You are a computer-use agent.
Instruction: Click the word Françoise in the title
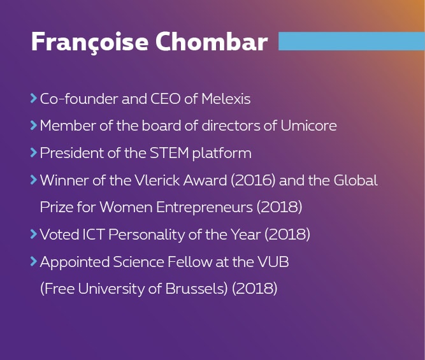tap(90, 42)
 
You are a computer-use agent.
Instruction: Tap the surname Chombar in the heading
tap(212, 41)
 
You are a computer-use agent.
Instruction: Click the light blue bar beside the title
tap(352, 41)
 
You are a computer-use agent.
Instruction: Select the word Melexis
tap(226, 98)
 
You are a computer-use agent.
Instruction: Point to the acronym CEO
tap(165, 98)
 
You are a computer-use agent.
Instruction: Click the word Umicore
tap(309, 126)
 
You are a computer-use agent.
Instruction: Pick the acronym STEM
tap(169, 153)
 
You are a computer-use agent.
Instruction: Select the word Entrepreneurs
tap(205, 208)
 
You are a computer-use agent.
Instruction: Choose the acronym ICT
tap(93, 234)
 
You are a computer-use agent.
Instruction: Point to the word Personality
tap(147, 234)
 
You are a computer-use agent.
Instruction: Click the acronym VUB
tap(273, 262)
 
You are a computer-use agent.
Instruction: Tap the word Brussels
tap(196, 289)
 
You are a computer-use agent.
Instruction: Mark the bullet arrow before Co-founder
tap(34, 98)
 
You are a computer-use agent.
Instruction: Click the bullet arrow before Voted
tap(34, 234)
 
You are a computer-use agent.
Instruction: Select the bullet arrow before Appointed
tap(34, 261)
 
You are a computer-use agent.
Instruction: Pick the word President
tap(72, 153)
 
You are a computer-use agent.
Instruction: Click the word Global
tap(356, 180)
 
